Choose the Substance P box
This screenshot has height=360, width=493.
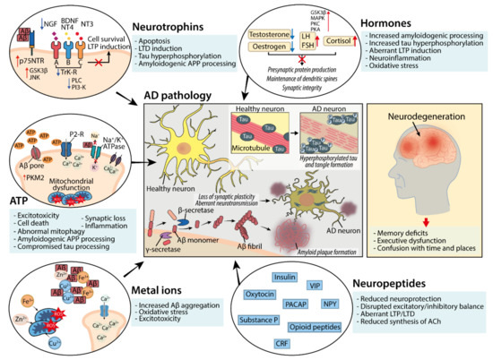coord(278,320)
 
